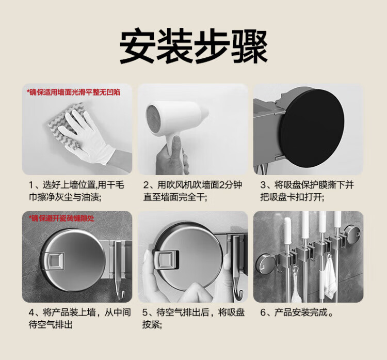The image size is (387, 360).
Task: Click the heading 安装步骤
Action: [193, 48]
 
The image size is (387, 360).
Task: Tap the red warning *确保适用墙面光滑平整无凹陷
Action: [74, 92]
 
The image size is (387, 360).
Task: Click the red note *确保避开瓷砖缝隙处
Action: [61, 218]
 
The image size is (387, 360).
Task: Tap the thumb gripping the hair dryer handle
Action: [176, 148]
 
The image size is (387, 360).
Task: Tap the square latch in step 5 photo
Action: [166, 259]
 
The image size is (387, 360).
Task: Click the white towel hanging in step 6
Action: [330, 279]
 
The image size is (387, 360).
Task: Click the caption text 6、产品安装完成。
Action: [297, 313]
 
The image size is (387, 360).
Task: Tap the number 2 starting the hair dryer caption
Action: [146, 185]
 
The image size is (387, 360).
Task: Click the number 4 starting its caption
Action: [31, 313]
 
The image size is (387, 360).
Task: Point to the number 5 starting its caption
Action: [145, 313]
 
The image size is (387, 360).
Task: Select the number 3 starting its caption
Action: [263, 185]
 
